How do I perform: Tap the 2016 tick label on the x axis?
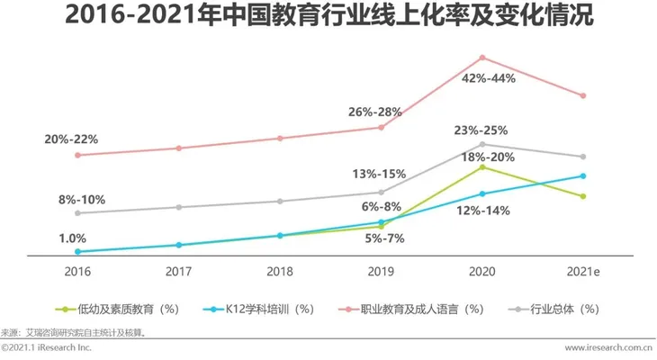point(76,270)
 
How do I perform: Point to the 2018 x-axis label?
point(279,270)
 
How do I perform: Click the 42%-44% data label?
point(488,78)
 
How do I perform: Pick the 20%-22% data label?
point(71,139)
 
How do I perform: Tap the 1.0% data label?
point(72,238)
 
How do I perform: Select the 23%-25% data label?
point(481,130)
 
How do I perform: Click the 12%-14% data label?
point(483,211)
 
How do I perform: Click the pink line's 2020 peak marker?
point(481,58)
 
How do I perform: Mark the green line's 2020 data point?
point(481,167)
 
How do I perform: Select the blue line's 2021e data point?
point(582,176)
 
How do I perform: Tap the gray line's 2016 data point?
point(77,213)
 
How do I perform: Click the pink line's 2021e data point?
point(582,95)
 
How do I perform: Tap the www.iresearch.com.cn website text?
point(608,347)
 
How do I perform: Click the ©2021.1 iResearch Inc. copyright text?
point(47,347)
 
